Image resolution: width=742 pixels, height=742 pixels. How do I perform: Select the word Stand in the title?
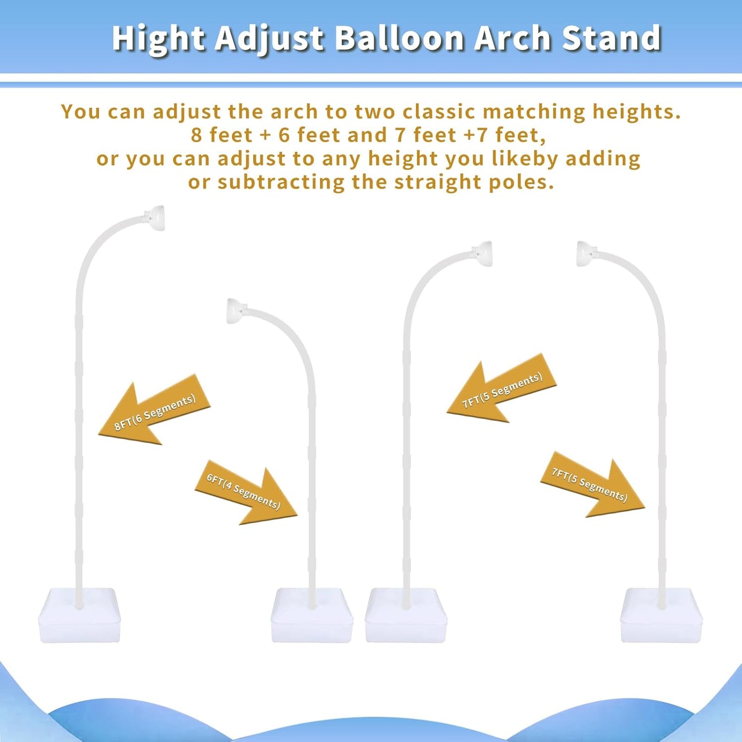(x=611, y=39)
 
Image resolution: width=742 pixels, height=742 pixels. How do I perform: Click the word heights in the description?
(x=636, y=111)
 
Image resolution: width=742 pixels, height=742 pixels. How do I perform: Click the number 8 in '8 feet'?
(x=196, y=135)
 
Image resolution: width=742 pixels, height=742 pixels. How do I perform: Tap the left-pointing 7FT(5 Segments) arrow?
(x=501, y=390)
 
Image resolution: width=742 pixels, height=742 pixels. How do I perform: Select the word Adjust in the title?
(x=270, y=39)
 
